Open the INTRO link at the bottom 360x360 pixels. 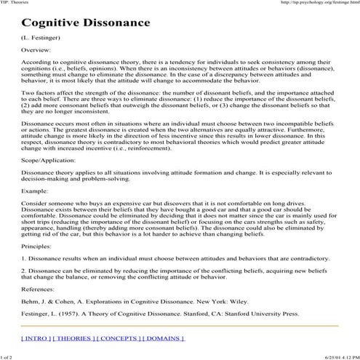coord(36,338)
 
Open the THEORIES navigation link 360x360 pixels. coord(77,338)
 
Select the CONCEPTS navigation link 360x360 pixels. coord(122,338)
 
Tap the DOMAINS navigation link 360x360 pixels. coord(164,338)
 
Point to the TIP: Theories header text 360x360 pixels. coord(16,4)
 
